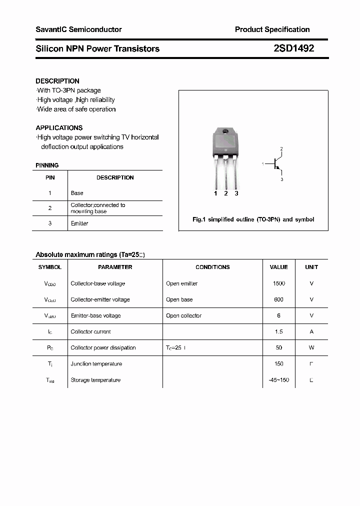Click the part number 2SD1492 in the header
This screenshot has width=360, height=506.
pos(294,48)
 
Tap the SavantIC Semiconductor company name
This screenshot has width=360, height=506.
pos(78,29)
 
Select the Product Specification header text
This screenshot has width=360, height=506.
pos(272,29)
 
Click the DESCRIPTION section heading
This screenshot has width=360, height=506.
pos(57,81)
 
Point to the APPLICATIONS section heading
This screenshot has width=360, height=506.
pos(59,128)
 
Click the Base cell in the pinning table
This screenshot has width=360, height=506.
pos(77,193)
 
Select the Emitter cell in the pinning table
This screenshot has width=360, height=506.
pos(79,223)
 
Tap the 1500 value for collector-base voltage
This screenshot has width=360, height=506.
pos(278,283)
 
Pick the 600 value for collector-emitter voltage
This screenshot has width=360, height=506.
pos(278,299)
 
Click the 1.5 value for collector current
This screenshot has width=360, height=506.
pos(278,331)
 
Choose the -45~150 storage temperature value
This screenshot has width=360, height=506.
pos(278,380)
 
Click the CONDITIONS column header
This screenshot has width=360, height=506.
pos(212,267)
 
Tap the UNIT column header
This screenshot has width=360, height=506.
pos(311,267)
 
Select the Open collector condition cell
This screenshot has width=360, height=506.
pos(183,315)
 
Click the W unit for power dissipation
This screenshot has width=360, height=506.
pos(311,347)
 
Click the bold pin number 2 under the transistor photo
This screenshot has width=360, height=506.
pos(226,193)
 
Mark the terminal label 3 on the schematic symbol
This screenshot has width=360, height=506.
pos(282,179)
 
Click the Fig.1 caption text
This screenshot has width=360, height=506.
pos(253,219)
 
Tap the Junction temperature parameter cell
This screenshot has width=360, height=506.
pos(95,363)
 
